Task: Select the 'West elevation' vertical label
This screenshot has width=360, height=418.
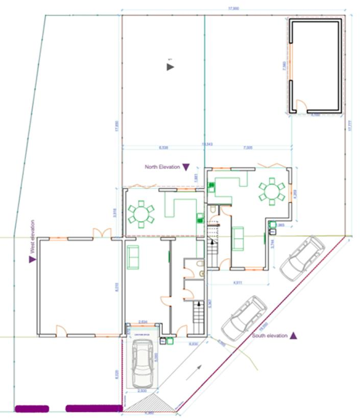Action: (x=33, y=237)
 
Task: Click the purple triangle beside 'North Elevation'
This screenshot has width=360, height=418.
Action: (x=186, y=167)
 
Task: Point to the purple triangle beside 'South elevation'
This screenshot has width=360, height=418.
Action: (x=294, y=336)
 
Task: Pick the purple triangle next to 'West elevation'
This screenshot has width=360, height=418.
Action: (x=33, y=259)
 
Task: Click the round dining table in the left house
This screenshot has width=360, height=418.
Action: (x=140, y=214)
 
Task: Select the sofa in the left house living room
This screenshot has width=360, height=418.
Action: (x=133, y=257)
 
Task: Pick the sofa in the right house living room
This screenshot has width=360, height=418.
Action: (x=237, y=238)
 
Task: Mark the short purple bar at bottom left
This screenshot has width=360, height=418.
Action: (x=32, y=408)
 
